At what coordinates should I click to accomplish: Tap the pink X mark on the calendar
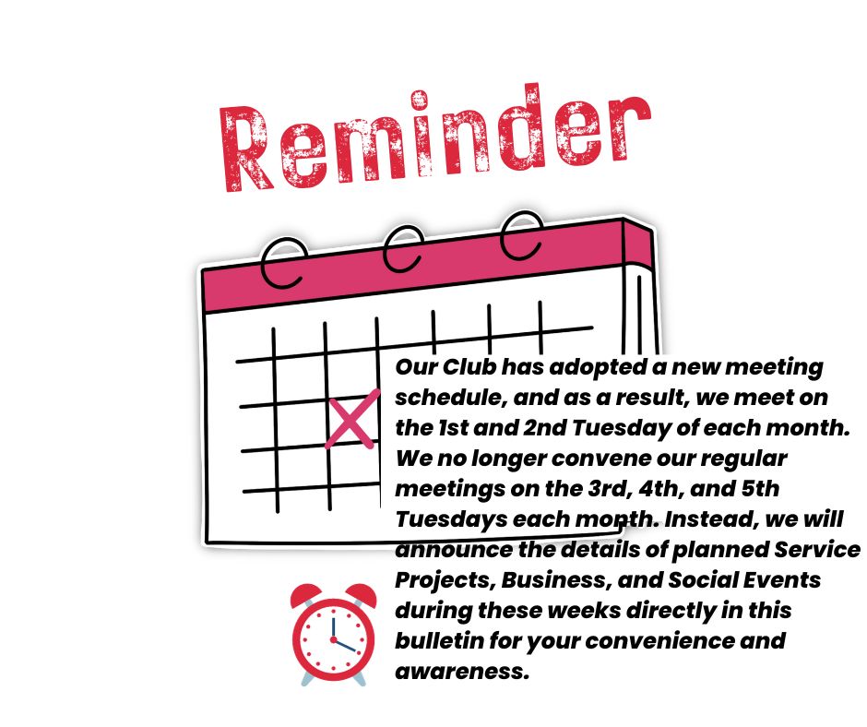(352, 419)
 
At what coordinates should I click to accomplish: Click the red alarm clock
(333, 635)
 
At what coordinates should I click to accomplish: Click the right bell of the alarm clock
(362, 595)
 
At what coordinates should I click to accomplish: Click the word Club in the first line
(469, 367)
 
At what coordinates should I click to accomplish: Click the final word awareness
(462, 671)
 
